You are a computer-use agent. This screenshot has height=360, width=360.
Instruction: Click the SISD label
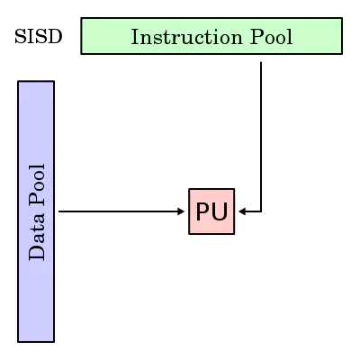click(x=39, y=37)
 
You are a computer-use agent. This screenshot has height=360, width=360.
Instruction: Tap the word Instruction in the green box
click(x=186, y=37)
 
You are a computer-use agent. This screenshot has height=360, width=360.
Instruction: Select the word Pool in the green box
click(x=271, y=37)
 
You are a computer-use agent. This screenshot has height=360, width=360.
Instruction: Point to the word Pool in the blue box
click(x=37, y=185)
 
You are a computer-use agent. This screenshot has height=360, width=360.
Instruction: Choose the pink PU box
click(x=211, y=211)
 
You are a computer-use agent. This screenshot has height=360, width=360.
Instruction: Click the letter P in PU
click(x=203, y=211)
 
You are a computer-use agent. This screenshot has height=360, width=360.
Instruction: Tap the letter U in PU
click(x=220, y=211)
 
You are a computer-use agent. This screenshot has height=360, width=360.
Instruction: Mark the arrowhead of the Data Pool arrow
click(x=181, y=211)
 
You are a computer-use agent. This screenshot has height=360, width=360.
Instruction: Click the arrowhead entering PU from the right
click(x=242, y=211)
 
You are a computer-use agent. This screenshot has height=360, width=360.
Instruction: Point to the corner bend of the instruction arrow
click(x=261, y=211)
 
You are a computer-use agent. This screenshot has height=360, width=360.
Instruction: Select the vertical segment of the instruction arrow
click(x=261, y=137)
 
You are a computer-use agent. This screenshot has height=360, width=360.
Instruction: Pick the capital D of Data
click(x=37, y=254)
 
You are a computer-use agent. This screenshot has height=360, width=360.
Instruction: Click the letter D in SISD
click(x=56, y=37)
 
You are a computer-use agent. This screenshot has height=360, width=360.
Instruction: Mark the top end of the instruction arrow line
click(x=261, y=62)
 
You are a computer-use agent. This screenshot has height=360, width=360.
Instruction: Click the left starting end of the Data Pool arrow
click(x=58, y=211)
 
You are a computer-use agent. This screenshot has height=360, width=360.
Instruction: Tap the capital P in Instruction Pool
click(x=256, y=37)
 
